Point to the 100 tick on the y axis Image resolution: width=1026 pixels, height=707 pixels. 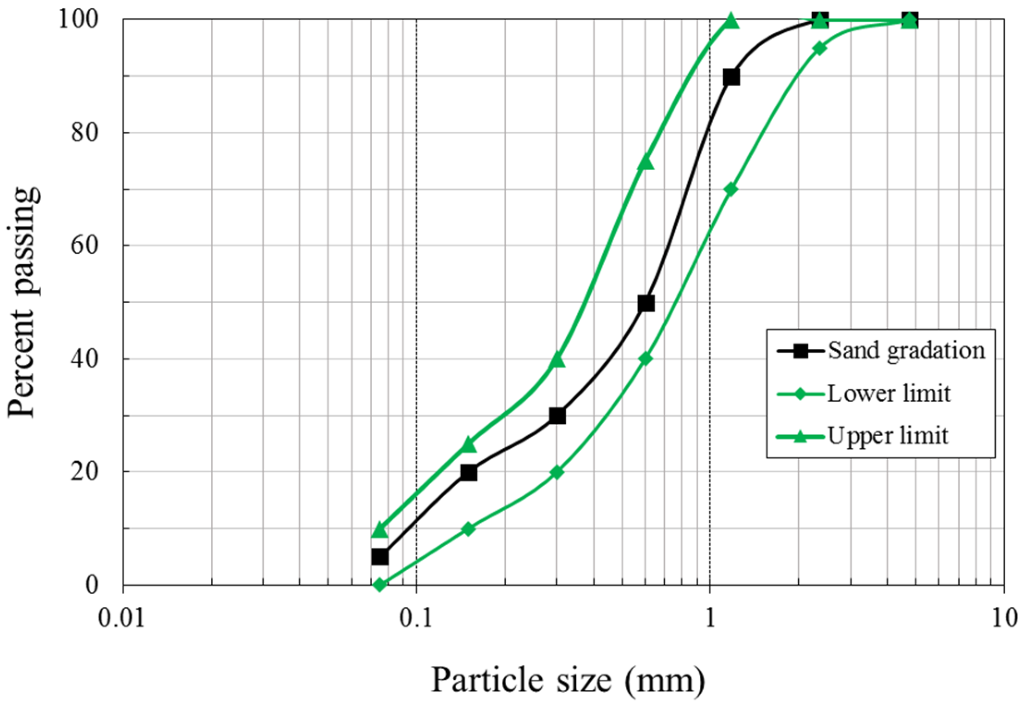(x=79, y=19)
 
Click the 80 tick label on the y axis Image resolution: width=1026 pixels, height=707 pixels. (x=85, y=133)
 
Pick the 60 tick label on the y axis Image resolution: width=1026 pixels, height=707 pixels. (x=85, y=245)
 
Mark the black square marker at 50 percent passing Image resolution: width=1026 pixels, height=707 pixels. (x=646, y=304)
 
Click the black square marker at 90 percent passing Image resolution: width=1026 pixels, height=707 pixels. (x=731, y=77)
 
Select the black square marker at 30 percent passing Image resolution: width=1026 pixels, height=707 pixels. (x=557, y=416)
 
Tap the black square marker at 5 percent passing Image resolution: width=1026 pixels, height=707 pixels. (x=380, y=557)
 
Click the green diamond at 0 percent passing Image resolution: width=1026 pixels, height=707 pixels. (x=380, y=585)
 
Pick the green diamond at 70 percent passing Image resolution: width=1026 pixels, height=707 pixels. (x=731, y=189)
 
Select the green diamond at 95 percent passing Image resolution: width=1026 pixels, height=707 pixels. (x=819, y=48)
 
